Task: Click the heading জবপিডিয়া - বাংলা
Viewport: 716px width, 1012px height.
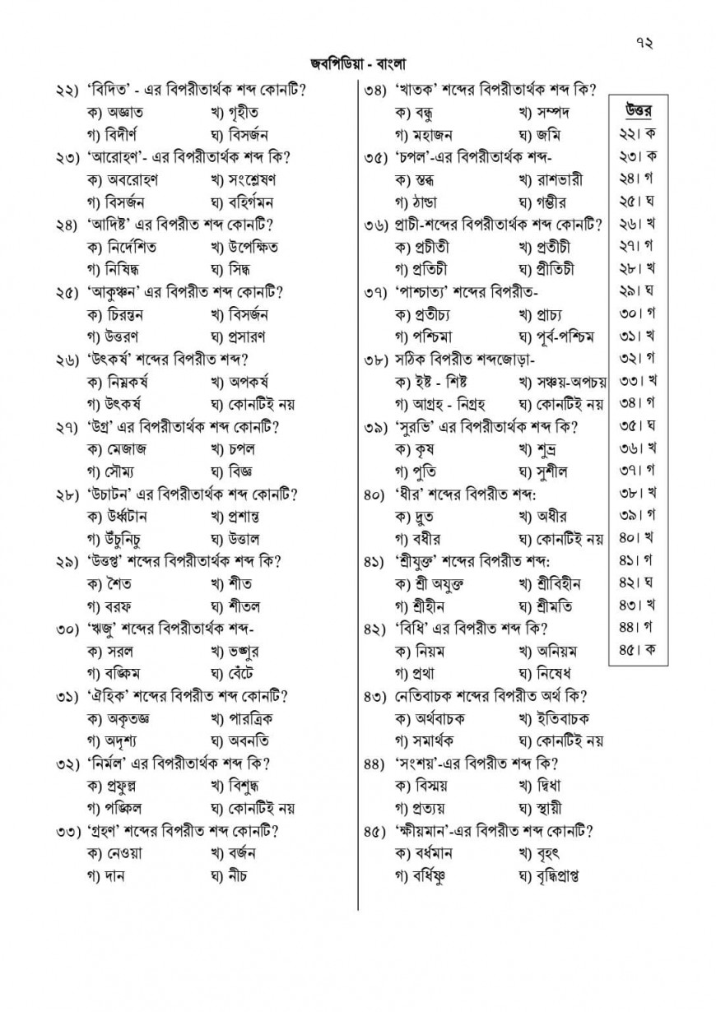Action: pyautogui.click(x=358, y=63)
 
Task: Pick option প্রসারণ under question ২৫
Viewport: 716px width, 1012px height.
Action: pyautogui.click(x=248, y=337)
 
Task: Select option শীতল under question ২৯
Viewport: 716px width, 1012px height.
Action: pyautogui.click(x=244, y=606)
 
